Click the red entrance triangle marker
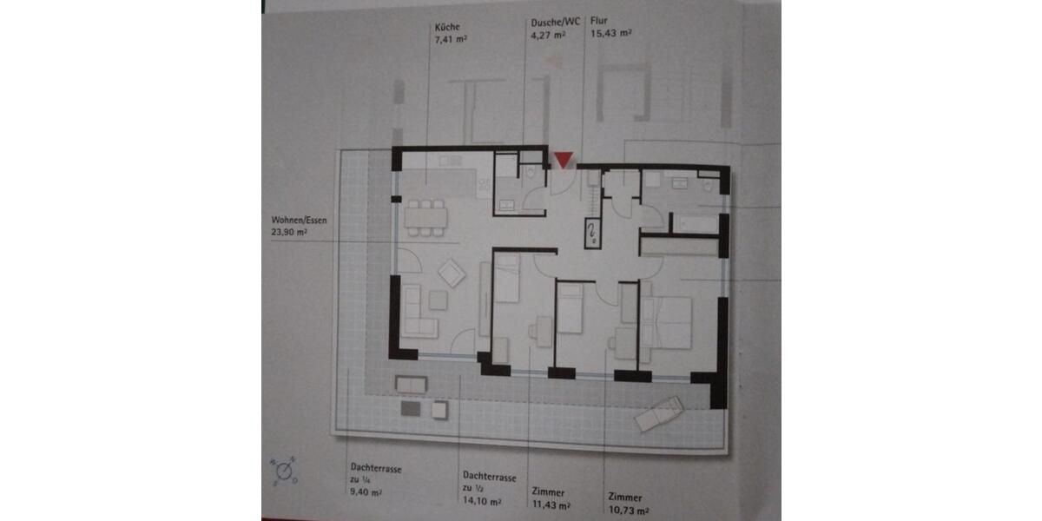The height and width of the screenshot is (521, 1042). [x=564, y=160]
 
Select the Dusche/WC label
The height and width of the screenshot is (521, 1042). [x=549, y=23]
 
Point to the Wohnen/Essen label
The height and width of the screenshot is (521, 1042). [x=298, y=221]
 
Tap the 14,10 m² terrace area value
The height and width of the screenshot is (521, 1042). [x=482, y=502]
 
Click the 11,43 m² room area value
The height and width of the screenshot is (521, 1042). [x=551, y=505]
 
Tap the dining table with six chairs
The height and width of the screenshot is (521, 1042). [x=425, y=217]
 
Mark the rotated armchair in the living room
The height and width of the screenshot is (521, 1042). [x=452, y=274]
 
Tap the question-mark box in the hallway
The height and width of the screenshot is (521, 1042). [x=591, y=233]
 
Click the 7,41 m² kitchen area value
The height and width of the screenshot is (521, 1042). [x=451, y=39]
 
